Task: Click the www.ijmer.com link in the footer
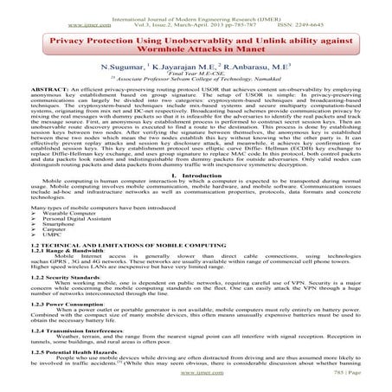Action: [196, 383]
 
